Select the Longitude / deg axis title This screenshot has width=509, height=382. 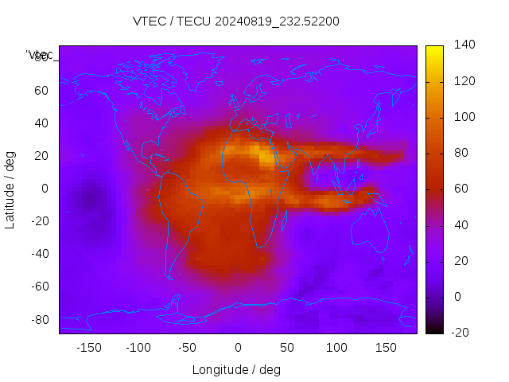click(x=236, y=369)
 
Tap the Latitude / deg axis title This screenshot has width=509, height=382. click(x=10, y=188)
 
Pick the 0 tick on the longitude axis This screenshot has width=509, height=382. click(x=237, y=348)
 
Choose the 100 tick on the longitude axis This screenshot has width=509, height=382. click(x=336, y=348)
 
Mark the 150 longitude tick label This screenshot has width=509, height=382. click(x=386, y=348)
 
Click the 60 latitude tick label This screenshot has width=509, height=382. click(x=41, y=90)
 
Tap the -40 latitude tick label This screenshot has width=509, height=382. click(x=39, y=254)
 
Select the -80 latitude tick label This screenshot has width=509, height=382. click(x=39, y=319)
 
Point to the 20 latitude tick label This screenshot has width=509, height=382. click(x=41, y=155)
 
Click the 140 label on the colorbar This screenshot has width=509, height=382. click(x=464, y=45)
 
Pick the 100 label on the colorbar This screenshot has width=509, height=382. click(x=464, y=117)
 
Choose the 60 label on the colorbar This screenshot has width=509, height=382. click(x=460, y=189)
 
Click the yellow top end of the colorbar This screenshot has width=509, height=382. click(x=434, y=49)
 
